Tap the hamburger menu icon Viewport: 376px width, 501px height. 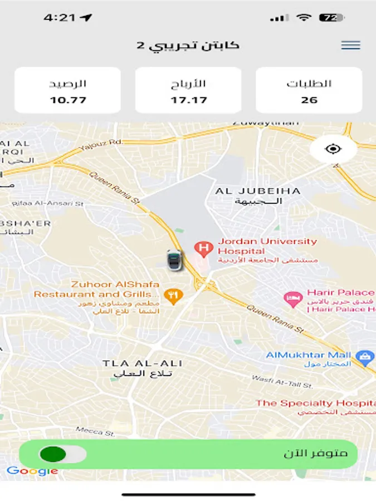pos(350,45)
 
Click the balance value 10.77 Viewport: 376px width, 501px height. pos(67,100)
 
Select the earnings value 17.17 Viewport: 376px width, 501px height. pos(188,100)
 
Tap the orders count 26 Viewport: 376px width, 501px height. pos(309,100)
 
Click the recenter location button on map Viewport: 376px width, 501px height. pos(333,149)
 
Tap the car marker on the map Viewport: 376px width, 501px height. pos(174,259)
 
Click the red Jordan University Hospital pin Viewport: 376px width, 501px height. pos(202,248)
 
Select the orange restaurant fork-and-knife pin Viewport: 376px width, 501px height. pos(173,296)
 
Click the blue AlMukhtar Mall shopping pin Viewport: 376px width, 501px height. pos(365,357)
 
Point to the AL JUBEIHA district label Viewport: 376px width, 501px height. pos(258,191)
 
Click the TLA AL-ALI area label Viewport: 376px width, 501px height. pos(143,364)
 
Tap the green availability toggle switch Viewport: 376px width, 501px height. pos(62,454)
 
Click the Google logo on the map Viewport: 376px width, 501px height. pos(32,471)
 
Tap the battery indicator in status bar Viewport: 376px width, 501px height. pos(331,18)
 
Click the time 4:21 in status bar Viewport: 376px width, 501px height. pos(60,18)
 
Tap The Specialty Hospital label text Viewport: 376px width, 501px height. pos(315,403)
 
